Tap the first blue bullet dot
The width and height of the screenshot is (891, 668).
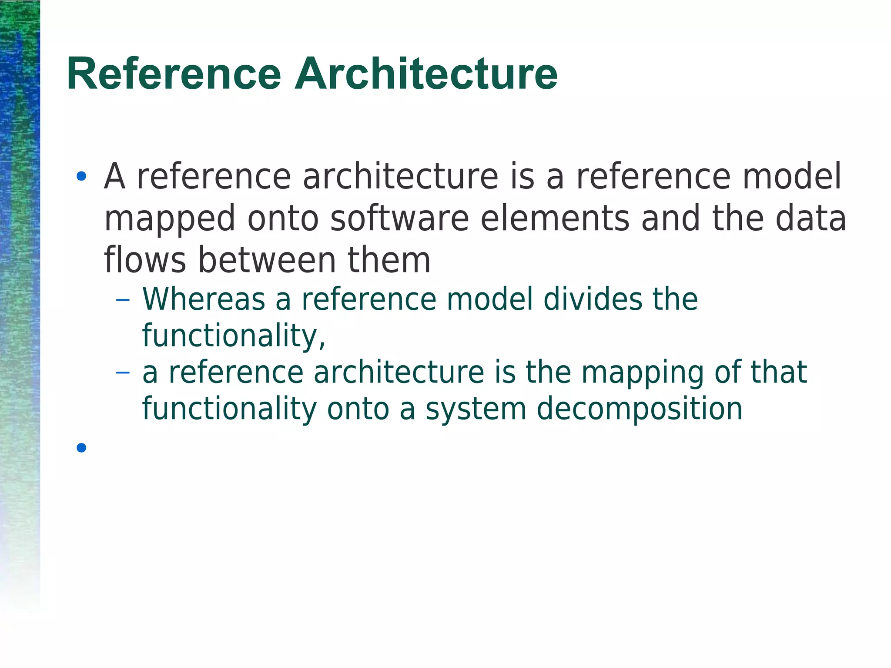81,177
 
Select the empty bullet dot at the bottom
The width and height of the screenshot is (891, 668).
81,447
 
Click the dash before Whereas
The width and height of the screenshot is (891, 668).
123,300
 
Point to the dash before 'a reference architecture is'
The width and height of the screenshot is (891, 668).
123,373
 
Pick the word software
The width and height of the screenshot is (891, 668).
399,218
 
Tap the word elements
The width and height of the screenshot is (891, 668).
555,218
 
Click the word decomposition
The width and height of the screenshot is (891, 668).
640,409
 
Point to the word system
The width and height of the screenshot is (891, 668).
476,409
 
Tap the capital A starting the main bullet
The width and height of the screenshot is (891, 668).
115,177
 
